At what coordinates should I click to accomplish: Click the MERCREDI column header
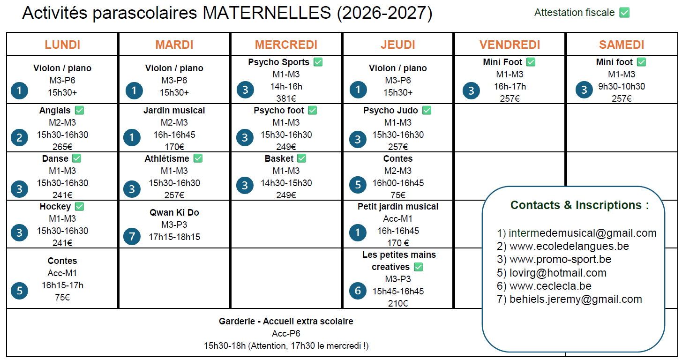[286, 45]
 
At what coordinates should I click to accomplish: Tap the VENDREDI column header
[510, 45]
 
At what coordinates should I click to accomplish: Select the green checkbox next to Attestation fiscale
[624, 13]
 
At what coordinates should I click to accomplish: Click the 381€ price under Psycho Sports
[286, 98]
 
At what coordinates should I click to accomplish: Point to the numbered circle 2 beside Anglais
[19, 138]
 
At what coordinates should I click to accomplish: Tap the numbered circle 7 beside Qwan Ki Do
[132, 236]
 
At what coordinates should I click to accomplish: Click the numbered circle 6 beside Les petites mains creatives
[358, 291]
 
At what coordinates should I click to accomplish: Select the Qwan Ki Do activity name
[174, 212]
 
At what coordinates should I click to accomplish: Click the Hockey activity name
[55, 207]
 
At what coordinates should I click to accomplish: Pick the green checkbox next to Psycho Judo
[427, 110]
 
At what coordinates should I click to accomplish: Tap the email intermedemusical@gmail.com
[583, 233]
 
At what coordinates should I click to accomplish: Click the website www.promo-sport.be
[560, 259]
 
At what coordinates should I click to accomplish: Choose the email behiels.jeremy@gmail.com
[576, 299]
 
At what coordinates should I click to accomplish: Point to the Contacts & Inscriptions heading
[579, 205]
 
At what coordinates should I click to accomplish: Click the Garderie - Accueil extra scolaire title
[286, 321]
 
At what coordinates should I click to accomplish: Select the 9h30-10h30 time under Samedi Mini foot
[622, 87]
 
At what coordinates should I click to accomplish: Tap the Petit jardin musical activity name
[398, 207]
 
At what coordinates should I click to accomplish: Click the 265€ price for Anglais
[62, 147]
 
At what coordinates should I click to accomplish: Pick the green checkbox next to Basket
[302, 158]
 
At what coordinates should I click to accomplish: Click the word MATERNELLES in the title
[267, 13]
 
